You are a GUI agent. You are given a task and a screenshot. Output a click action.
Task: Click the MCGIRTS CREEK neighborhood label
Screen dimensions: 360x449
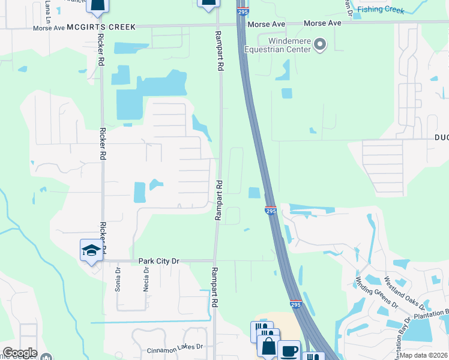(x=101, y=28)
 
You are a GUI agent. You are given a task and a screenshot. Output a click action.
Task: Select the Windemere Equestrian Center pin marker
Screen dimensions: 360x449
(x=320, y=44)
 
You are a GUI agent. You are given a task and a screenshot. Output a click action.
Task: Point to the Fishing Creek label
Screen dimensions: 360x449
(x=381, y=9)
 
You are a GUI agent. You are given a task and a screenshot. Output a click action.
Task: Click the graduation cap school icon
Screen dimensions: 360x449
(x=91, y=250)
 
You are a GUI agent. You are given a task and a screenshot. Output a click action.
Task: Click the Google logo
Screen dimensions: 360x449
(x=19, y=353)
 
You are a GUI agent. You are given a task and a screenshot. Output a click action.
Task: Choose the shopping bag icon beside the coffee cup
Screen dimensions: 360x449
(x=268, y=347)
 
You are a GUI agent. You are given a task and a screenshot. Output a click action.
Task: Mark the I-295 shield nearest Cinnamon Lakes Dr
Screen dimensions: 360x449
(x=296, y=304)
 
